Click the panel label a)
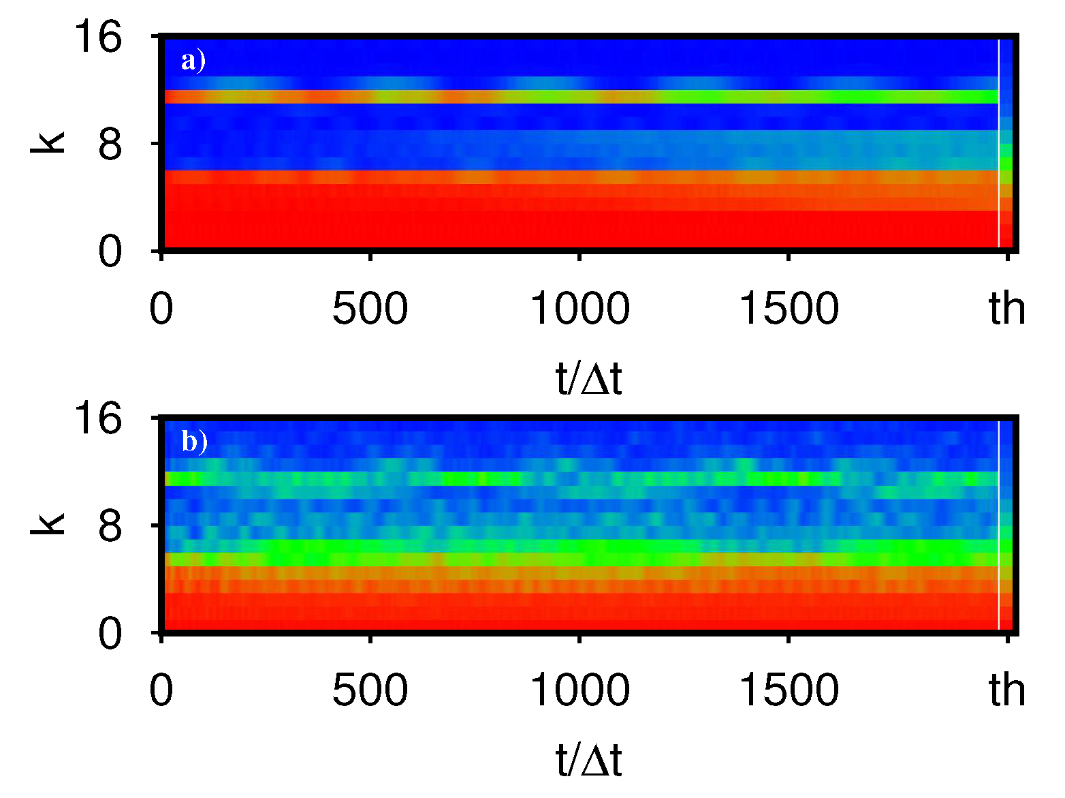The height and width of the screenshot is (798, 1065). [x=193, y=61]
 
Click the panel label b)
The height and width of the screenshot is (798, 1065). [x=194, y=442]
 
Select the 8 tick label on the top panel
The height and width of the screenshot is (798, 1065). [x=110, y=144]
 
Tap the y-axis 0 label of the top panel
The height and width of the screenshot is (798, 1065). [x=110, y=252]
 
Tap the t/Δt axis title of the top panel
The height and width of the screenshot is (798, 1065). [x=589, y=379]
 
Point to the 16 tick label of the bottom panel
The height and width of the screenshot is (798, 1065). [x=98, y=418]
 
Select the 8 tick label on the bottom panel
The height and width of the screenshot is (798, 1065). [x=110, y=526]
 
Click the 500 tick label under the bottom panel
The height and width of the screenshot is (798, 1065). [x=370, y=690]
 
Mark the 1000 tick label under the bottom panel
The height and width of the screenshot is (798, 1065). [x=579, y=690]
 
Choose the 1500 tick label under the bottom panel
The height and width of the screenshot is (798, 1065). [x=789, y=690]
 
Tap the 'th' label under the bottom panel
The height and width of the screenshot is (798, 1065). [x=1007, y=690]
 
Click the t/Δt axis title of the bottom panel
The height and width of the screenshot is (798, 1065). [x=589, y=761]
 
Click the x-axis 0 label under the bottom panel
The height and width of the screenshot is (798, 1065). [x=161, y=690]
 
